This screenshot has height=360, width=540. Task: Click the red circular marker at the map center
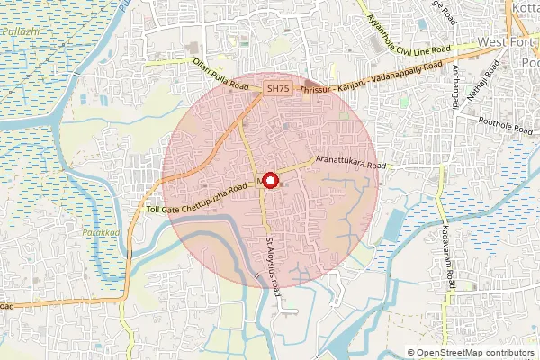268,179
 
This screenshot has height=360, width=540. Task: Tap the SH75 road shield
277,88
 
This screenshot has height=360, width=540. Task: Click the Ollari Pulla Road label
220,74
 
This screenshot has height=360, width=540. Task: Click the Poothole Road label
494,128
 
